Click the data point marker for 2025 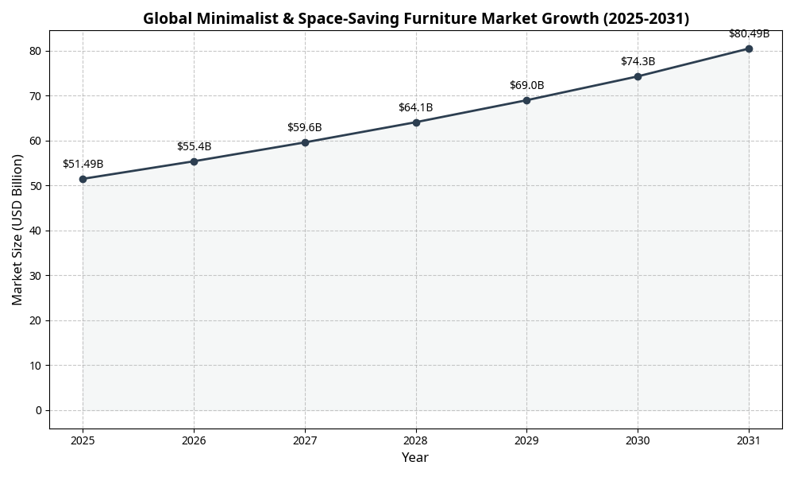tap(83, 179)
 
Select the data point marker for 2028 tap(416, 122)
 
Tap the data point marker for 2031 tap(749, 48)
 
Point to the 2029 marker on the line tap(526, 100)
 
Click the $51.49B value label tap(83, 164)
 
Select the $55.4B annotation tap(194, 146)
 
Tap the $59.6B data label tap(305, 127)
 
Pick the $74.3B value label tap(638, 61)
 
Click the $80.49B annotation tap(749, 33)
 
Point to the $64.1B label tap(416, 107)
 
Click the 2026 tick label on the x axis tap(194, 440)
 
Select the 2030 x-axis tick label tap(638, 440)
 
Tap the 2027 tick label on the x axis tap(305, 440)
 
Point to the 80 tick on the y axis tap(36, 51)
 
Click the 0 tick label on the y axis tap(38, 410)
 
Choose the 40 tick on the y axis tap(36, 231)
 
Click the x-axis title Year tap(414, 458)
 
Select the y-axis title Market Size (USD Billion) tap(17, 229)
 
